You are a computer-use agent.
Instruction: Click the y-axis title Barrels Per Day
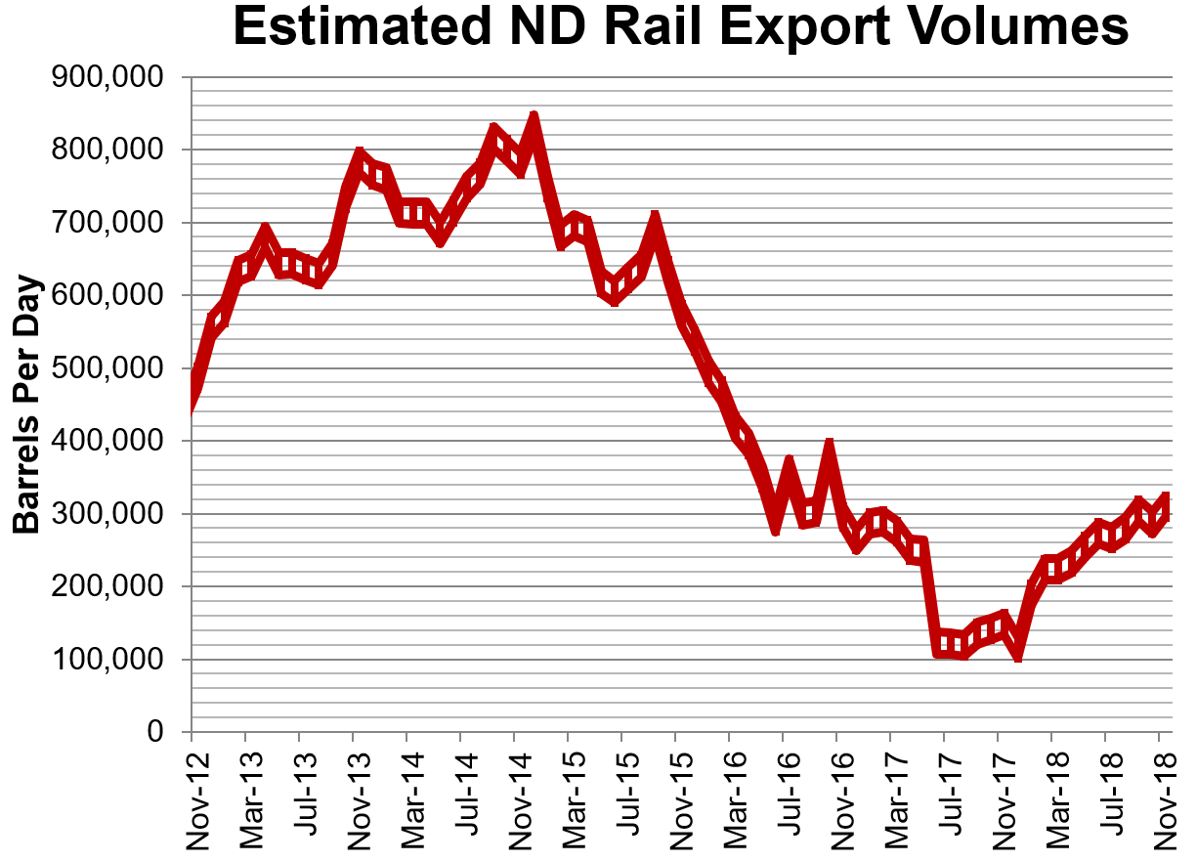(27, 405)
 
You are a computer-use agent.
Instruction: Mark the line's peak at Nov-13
(359, 155)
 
